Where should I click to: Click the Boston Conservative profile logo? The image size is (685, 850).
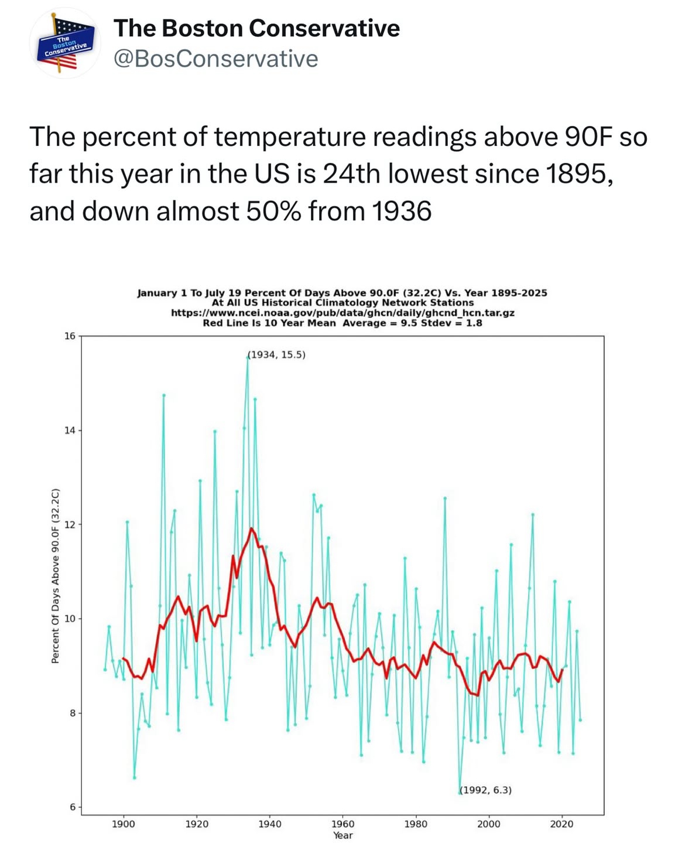pos(65,43)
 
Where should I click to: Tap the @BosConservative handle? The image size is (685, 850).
pos(215,59)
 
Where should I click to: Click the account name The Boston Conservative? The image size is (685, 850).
pos(256,28)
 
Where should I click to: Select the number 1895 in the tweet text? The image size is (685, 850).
pos(579,173)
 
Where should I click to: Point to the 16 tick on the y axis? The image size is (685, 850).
pos(70,336)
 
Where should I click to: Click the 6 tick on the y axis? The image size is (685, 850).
pos(72,807)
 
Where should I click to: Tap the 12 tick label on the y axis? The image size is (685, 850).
pos(70,524)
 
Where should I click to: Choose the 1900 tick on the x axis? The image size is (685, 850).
pos(124,824)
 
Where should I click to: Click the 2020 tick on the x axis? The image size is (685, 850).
pos(561,824)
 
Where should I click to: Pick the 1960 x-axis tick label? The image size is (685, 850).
pos(342,824)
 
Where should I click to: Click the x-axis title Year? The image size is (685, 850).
pos(342,835)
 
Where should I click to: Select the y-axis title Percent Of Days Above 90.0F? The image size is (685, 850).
pos(56,575)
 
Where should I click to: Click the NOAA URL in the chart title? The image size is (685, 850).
pos(342,313)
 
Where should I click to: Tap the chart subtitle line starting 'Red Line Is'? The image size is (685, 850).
pos(342,323)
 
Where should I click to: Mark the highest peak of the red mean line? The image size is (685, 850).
pos(252,528)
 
